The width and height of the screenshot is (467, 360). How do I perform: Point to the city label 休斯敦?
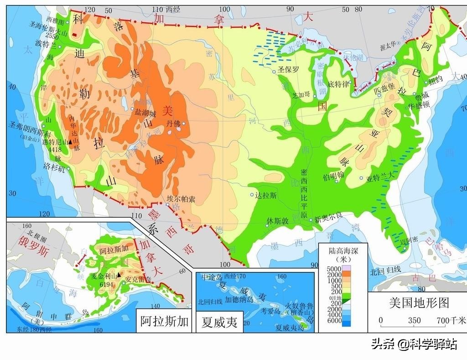click(278, 221)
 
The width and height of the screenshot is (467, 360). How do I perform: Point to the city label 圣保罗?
click(288, 70)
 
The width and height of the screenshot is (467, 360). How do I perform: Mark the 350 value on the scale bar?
click(414, 320)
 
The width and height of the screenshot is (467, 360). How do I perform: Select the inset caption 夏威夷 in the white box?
click(219, 322)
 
